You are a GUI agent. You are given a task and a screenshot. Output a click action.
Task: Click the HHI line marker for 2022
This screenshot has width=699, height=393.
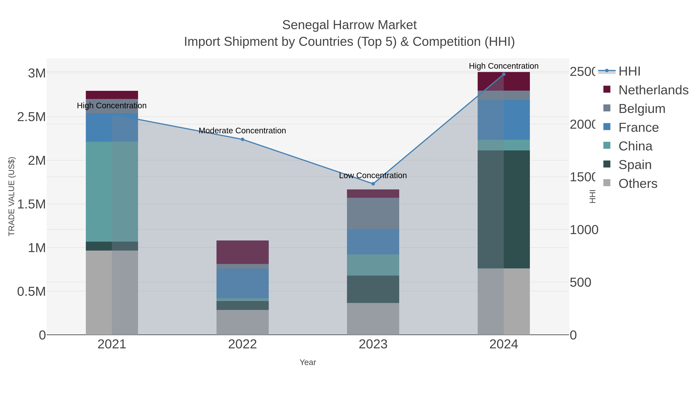click(x=242, y=139)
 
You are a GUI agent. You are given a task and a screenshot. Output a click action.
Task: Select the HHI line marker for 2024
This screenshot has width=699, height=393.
click(x=504, y=74)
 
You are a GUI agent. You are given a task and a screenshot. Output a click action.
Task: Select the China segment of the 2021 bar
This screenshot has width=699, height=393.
click(x=112, y=192)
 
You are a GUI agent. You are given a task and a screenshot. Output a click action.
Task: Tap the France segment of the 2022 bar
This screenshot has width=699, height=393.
click(x=242, y=283)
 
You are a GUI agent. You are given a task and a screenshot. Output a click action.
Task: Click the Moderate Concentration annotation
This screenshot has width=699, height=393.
click(x=242, y=131)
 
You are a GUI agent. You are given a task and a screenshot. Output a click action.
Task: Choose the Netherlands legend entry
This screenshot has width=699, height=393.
click(x=653, y=90)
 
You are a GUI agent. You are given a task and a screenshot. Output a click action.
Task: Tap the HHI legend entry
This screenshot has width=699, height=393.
click(x=629, y=71)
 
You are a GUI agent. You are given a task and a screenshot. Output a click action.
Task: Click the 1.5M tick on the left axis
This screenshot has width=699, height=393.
click(x=31, y=204)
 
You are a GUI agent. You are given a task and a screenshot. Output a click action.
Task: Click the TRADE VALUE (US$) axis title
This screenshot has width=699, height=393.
click(x=12, y=196)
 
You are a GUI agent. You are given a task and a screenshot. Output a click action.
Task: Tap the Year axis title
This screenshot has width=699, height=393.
click(x=308, y=362)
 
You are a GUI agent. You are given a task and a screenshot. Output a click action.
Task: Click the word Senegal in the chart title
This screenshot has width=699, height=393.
click(x=306, y=25)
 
